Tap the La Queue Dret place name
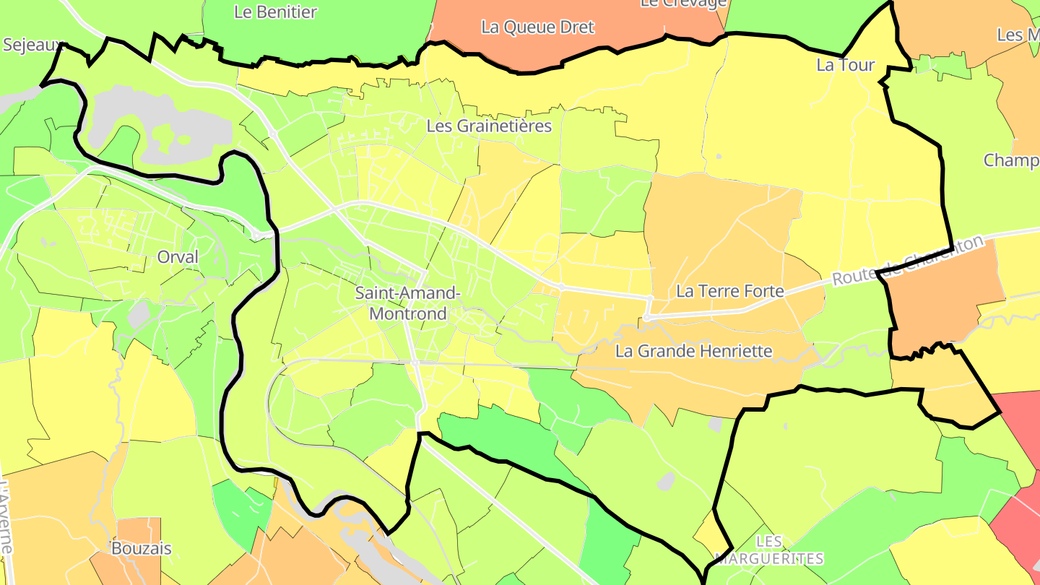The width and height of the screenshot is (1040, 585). point(537,27)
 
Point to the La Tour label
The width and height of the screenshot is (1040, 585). point(845,65)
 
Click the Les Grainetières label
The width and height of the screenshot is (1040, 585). point(489,126)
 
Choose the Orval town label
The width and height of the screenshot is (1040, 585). point(177,257)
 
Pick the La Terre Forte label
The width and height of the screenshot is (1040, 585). point(729,291)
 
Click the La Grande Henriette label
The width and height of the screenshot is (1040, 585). point(693,352)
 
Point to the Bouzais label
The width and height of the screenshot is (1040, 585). point(142,548)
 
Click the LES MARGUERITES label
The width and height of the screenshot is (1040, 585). point(768,550)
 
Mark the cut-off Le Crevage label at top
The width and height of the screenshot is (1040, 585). point(683,4)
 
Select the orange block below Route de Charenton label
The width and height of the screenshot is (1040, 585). point(942,303)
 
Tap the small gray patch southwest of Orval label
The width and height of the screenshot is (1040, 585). point(137,314)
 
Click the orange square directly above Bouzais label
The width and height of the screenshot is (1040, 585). point(139,527)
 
